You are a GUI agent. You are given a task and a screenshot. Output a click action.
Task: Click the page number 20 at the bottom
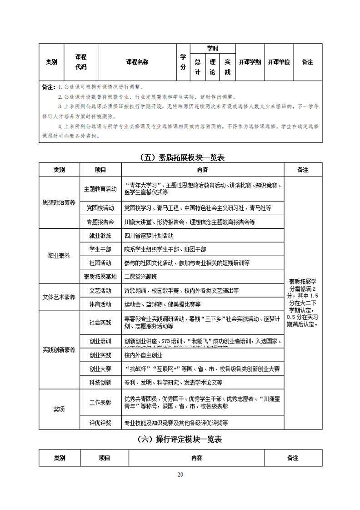[x=180, y=475]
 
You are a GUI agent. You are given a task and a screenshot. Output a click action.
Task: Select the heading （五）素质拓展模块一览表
[x=180, y=158]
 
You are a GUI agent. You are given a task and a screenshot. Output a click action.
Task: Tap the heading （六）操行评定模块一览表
[x=180, y=439]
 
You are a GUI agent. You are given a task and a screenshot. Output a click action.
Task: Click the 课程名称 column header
[x=137, y=62]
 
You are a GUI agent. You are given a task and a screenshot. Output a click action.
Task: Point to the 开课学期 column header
[x=250, y=62]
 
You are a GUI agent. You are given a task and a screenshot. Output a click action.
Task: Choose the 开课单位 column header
[x=279, y=62]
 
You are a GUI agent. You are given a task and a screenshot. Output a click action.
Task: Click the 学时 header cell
[x=212, y=48]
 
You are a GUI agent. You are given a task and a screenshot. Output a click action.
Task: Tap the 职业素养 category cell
[x=59, y=256]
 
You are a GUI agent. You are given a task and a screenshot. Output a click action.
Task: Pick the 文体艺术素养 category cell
[x=59, y=297]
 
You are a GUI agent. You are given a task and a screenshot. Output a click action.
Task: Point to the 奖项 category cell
[x=59, y=409]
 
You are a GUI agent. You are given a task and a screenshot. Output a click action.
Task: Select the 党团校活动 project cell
[x=100, y=208]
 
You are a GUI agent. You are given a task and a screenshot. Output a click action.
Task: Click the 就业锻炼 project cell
[x=100, y=236]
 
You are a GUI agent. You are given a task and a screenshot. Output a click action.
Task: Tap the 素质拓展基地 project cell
[x=100, y=276]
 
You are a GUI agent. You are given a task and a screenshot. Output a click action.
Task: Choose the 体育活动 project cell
[x=100, y=304]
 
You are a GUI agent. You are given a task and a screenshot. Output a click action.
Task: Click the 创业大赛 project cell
[x=100, y=369]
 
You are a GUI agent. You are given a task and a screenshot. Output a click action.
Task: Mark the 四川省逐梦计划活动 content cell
[x=149, y=236]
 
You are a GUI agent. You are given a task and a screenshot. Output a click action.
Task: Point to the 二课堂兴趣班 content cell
[x=141, y=276]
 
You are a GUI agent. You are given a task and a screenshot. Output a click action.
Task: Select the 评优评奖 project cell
[x=100, y=423]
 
